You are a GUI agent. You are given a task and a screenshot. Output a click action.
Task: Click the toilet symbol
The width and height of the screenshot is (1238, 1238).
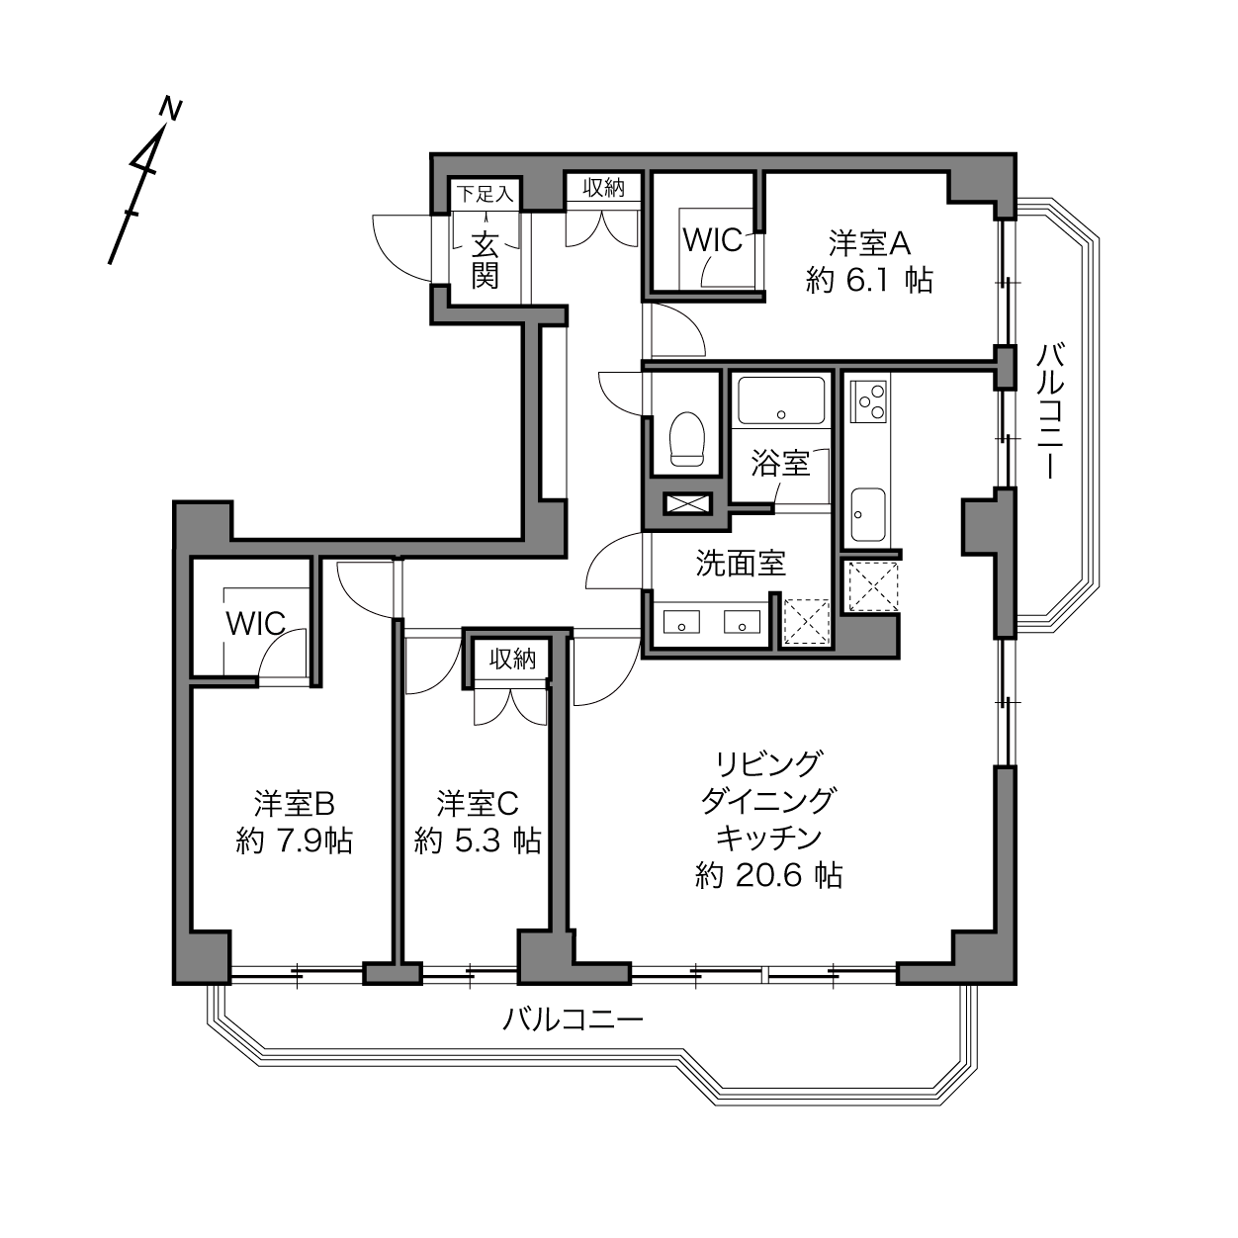(686, 439)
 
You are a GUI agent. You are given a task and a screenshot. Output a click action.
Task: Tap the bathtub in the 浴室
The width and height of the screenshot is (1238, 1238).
(781, 400)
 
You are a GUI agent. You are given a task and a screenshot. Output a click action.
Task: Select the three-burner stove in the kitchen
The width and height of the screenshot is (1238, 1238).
(868, 401)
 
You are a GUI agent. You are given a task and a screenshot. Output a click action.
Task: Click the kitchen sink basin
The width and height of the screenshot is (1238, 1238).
(868, 514)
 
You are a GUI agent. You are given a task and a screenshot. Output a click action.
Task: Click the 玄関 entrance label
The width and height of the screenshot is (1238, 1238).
(486, 260)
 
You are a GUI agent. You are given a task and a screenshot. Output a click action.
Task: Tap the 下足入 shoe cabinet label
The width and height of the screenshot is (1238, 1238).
(486, 193)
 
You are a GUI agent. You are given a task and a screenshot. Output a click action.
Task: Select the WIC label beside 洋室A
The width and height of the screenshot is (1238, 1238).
(713, 240)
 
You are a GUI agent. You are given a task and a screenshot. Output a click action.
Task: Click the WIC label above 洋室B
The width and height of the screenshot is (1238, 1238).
(256, 623)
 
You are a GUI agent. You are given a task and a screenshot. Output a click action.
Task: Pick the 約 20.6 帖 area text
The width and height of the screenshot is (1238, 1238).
(769, 876)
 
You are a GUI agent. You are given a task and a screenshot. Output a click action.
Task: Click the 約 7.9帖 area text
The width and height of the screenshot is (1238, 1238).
(295, 840)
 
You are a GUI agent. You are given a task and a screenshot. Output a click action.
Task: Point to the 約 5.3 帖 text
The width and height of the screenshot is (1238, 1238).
(478, 840)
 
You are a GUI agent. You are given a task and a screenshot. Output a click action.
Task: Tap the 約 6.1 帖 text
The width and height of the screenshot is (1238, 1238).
(869, 280)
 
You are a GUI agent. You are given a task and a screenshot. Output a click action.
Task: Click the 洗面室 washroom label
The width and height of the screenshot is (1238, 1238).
(741, 564)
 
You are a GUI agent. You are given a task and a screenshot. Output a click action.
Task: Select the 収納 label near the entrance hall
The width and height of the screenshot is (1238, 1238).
(604, 188)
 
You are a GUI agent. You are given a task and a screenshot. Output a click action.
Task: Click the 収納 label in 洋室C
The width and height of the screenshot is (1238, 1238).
(512, 660)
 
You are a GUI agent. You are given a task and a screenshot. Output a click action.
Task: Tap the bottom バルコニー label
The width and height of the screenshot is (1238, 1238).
(573, 1019)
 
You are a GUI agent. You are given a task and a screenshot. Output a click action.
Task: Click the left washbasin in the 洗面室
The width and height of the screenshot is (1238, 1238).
(681, 622)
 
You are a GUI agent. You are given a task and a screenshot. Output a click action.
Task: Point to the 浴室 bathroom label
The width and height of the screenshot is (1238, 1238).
(780, 463)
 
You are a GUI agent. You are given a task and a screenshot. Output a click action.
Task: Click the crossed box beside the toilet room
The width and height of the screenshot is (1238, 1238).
(687, 503)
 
